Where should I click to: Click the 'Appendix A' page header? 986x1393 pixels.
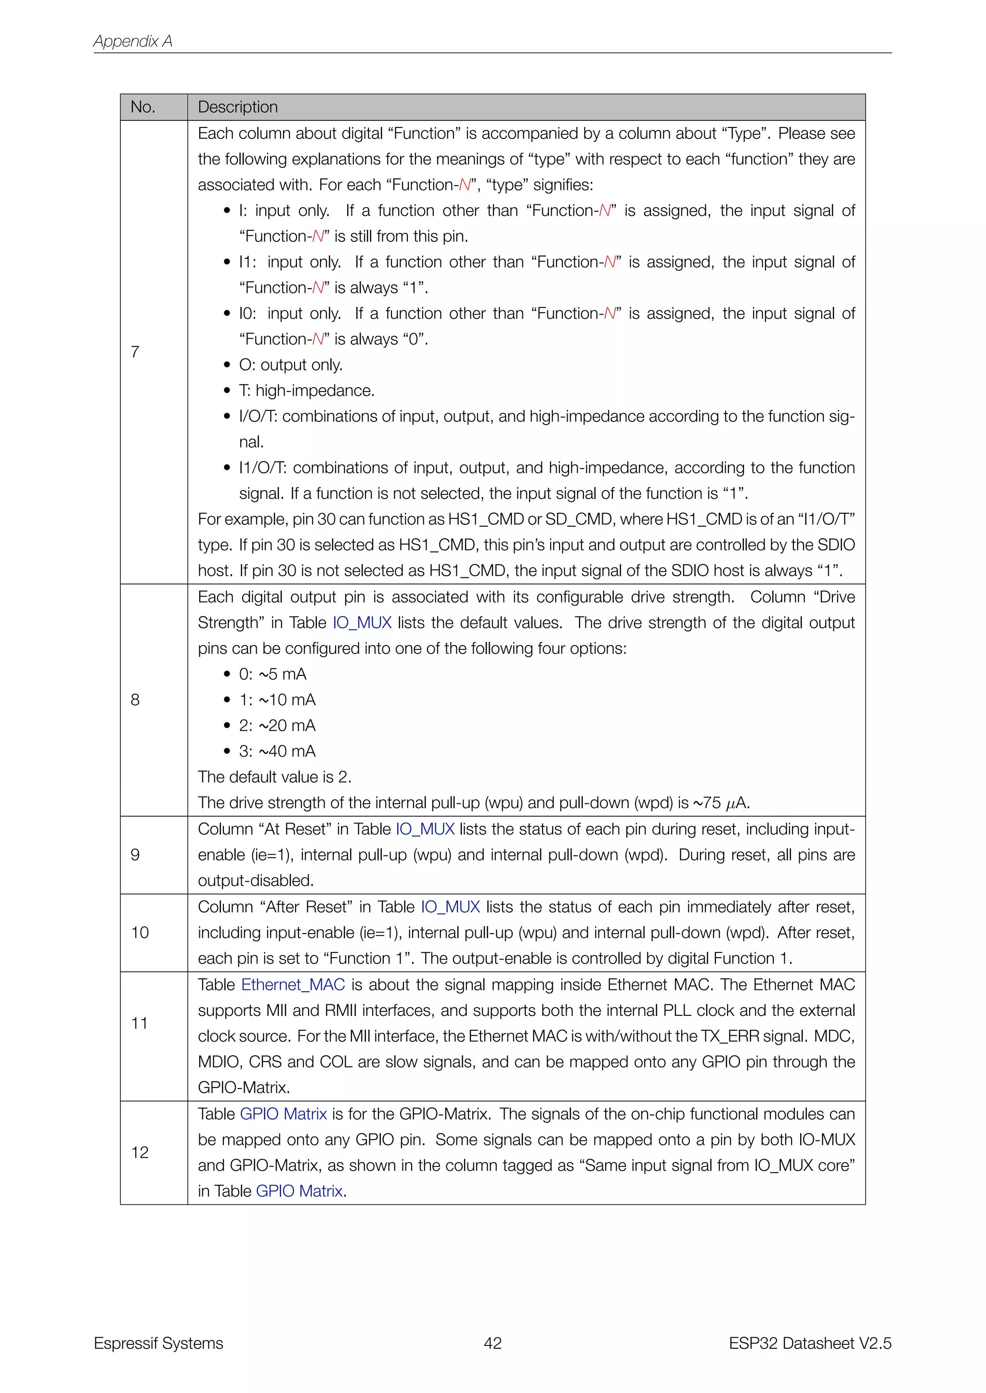click(x=132, y=41)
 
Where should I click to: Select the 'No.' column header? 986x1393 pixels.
click(x=143, y=107)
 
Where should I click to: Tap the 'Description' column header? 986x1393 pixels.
click(x=237, y=107)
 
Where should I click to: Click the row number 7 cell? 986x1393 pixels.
click(x=135, y=352)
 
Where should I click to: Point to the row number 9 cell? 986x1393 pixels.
click(x=135, y=855)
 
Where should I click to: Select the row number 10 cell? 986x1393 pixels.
click(x=140, y=933)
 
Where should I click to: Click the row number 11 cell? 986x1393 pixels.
click(x=140, y=1024)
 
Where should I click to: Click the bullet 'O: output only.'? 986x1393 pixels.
click(x=290, y=365)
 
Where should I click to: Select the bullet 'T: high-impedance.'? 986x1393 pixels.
click(x=306, y=391)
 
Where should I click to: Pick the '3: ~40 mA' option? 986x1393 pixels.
click(x=277, y=751)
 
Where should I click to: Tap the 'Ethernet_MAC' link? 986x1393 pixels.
click(x=293, y=985)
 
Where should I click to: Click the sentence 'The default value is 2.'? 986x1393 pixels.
click(x=274, y=777)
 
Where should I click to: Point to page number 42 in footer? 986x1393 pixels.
click(x=493, y=1343)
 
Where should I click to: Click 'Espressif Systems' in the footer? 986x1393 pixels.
click(x=158, y=1343)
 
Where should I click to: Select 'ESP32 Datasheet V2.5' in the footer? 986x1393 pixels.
click(x=809, y=1343)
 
